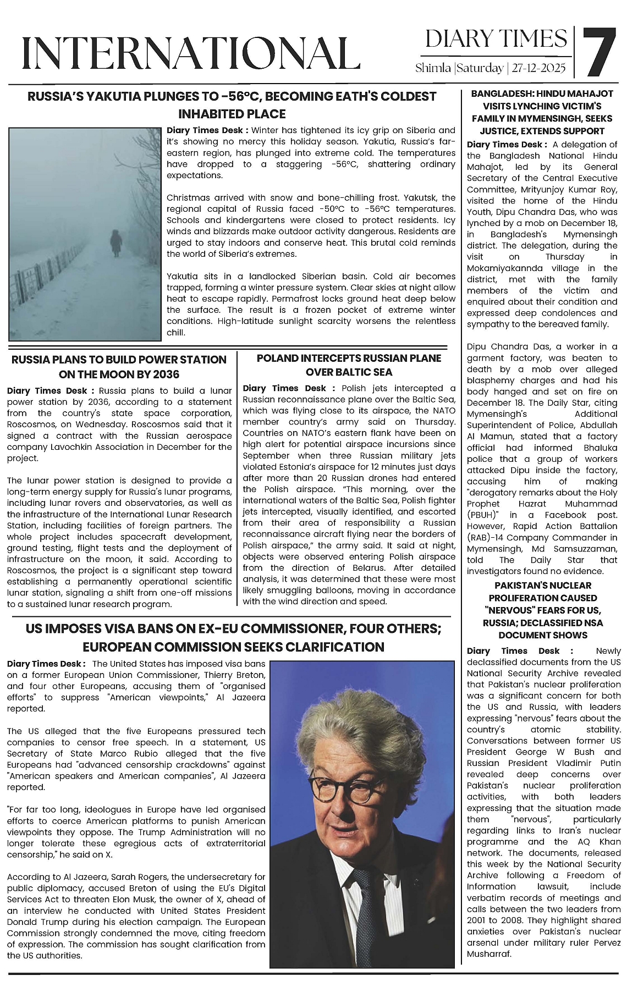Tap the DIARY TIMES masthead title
[x=496, y=38]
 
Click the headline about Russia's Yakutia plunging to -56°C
[x=232, y=105]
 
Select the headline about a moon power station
[x=119, y=367]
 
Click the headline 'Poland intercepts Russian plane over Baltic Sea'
[x=349, y=365]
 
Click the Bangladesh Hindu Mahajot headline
[x=542, y=112]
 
